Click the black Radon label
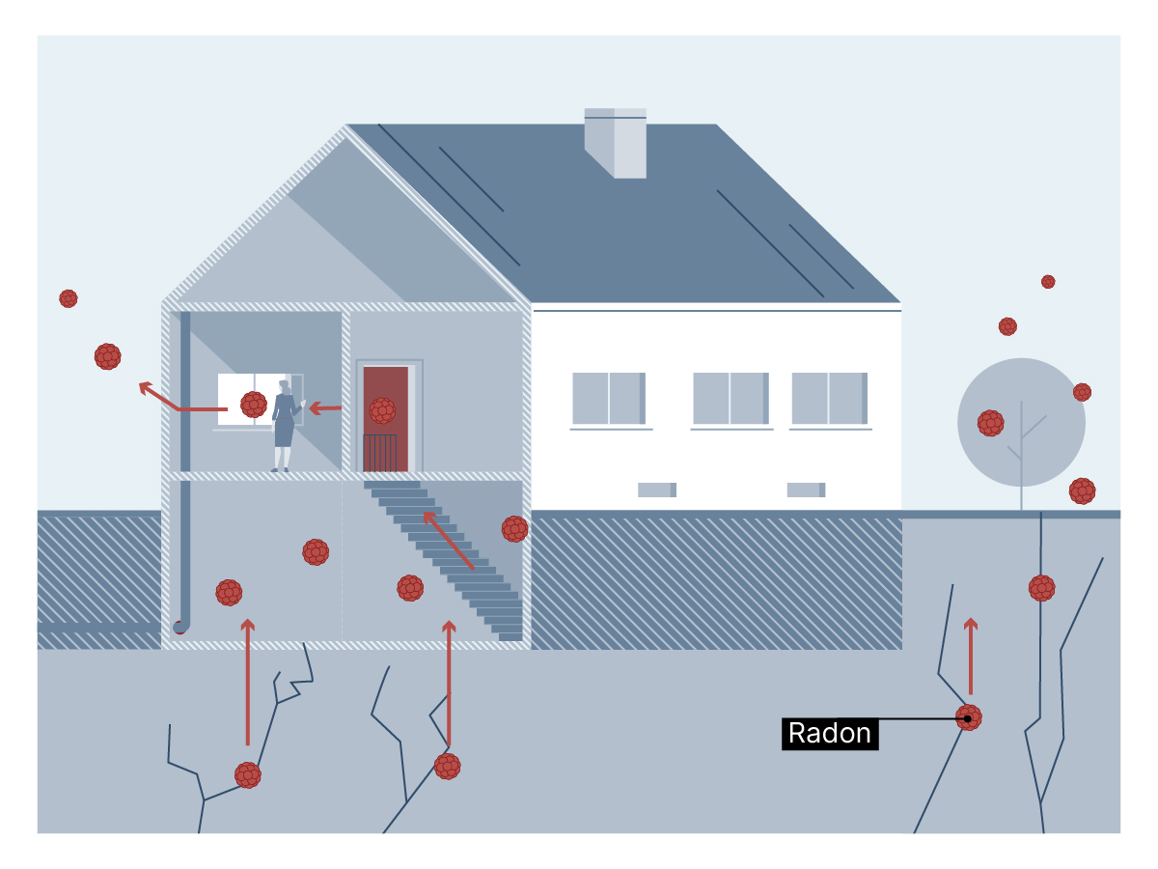(x=829, y=734)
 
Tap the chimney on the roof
(x=615, y=143)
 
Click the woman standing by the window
(x=286, y=426)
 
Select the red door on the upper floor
(x=386, y=419)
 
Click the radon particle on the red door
(x=382, y=410)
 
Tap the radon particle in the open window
(x=254, y=405)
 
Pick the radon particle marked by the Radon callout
(x=969, y=717)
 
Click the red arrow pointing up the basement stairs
(x=449, y=541)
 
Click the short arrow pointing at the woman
(x=325, y=407)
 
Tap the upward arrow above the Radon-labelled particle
(x=971, y=657)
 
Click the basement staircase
(x=443, y=561)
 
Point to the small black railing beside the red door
(x=380, y=453)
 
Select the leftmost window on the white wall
(x=609, y=399)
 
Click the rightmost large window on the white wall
(x=829, y=399)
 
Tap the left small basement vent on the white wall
(x=657, y=490)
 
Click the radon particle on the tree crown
(x=990, y=423)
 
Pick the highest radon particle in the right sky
(x=1048, y=282)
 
